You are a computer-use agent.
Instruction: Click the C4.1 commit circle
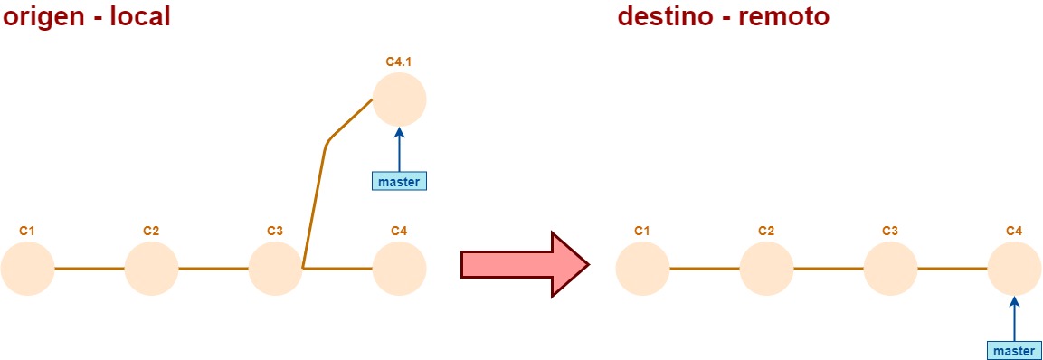(x=399, y=99)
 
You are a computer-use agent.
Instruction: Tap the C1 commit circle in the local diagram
(x=27, y=269)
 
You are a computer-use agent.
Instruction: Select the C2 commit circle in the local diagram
(x=151, y=269)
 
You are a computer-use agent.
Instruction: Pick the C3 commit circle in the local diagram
(x=275, y=269)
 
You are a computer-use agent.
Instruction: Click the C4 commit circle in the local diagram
(x=399, y=269)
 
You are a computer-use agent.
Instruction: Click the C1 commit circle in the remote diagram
(x=642, y=269)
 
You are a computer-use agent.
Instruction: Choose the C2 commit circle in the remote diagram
(x=766, y=269)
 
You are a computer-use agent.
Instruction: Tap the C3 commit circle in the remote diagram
(x=890, y=269)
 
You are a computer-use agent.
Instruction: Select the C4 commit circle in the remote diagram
(x=1014, y=269)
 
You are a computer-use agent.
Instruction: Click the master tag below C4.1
(x=399, y=181)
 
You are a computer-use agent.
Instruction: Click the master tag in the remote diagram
(x=1014, y=350)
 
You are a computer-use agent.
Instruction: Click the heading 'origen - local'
(x=86, y=16)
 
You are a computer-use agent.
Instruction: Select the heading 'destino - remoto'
(x=723, y=16)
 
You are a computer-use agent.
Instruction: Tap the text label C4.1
(x=399, y=62)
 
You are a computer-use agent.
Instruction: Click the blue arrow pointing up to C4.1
(x=399, y=148)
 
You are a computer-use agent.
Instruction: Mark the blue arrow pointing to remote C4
(x=1014, y=317)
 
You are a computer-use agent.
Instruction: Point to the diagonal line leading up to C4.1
(x=316, y=199)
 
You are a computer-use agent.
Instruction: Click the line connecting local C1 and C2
(x=89, y=269)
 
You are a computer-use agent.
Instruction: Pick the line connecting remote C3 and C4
(x=952, y=269)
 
